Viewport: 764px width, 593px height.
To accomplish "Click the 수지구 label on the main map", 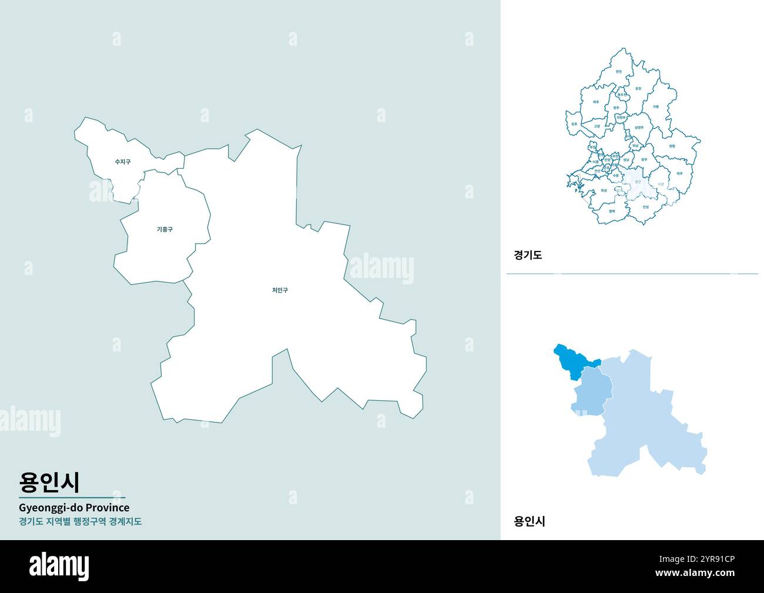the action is tap(123, 162).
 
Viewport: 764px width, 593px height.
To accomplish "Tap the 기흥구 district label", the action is tap(165, 229).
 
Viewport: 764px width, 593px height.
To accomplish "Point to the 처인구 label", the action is tap(280, 290).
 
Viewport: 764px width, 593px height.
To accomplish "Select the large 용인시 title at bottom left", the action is tap(49, 481).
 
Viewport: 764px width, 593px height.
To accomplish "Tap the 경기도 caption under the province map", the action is tap(528, 255).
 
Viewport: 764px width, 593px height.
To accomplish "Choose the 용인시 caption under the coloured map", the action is tap(530, 521).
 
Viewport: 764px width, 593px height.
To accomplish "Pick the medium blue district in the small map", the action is tap(592, 391).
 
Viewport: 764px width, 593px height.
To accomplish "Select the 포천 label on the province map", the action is tap(638, 89).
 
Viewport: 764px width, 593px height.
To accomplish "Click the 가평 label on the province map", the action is tap(655, 107).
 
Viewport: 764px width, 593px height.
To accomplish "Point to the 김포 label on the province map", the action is tap(574, 124).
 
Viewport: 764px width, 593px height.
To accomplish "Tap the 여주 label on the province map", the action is tap(679, 173).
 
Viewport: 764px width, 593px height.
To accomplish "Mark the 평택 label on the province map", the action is tap(612, 210).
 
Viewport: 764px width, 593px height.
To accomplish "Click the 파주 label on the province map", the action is tap(596, 102).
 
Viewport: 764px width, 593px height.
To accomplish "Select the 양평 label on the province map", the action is tap(672, 146).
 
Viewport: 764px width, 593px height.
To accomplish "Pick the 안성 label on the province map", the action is tap(645, 207).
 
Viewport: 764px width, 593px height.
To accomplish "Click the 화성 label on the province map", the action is tap(604, 190).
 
